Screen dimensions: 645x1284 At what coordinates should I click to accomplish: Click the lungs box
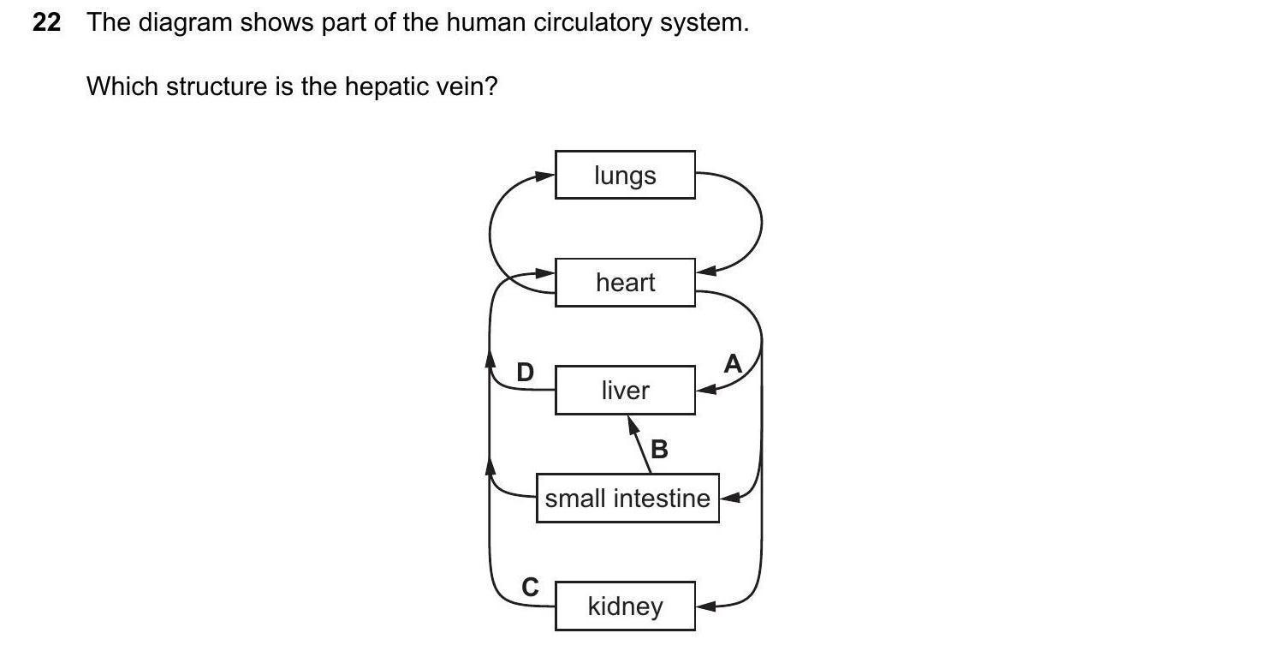coord(625,175)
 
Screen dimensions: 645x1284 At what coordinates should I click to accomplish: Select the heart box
coord(625,282)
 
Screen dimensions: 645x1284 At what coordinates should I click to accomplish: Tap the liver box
coord(625,391)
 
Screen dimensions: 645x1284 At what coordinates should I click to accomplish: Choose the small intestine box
coord(627,498)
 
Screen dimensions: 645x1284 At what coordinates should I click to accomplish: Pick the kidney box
coord(625,606)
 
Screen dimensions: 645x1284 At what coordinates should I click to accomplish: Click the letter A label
coord(733,365)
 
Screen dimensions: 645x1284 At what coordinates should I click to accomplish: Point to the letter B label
coord(659,449)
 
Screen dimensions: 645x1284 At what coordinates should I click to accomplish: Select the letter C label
coord(531,588)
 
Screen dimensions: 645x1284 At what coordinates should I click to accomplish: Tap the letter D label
coord(525,373)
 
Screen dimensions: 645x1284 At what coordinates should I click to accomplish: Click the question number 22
coord(46,23)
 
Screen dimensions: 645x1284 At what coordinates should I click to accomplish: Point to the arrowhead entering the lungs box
coord(545,176)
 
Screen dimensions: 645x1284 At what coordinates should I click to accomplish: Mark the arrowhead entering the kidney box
coord(705,606)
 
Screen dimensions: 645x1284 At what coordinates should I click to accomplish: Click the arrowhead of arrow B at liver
coord(633,425)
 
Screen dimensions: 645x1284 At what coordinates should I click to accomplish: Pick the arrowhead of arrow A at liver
coord(705,390)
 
